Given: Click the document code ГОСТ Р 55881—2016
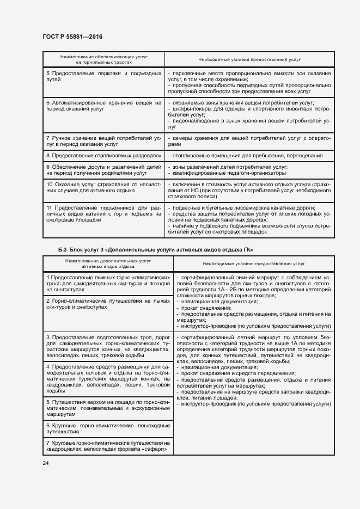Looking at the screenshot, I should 72,36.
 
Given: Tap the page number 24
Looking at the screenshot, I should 45,463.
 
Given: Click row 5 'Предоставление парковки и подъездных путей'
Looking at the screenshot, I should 103,76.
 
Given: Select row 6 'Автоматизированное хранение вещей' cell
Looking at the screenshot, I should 103,106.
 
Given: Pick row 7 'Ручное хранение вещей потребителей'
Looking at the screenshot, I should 103,142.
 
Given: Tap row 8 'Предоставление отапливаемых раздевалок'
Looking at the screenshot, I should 103,156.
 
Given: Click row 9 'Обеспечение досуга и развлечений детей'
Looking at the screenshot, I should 103,170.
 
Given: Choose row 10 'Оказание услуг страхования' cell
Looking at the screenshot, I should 103,188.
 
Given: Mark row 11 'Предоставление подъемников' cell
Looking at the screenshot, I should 103,214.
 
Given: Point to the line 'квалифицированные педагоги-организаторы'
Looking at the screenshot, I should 229,174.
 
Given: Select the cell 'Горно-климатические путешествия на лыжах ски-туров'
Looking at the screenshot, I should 106,304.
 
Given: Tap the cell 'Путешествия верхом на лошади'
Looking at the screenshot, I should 106,408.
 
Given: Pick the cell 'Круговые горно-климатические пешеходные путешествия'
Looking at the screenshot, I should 106,428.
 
